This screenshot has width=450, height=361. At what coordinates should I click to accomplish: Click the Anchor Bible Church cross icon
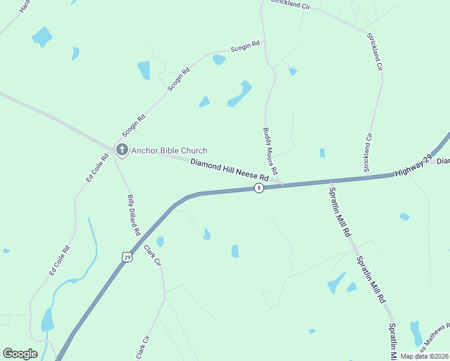[x=122, y=150]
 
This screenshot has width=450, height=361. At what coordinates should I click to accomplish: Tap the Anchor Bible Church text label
[x=169, y=150]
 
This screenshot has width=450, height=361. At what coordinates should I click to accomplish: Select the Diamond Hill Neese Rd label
[x=229, y=170]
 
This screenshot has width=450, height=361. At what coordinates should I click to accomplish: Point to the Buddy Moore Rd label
[x=270, y=151]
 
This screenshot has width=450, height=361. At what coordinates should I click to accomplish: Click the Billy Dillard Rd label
[x=134, y=215]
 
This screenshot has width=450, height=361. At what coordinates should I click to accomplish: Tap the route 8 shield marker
[x=259, y=188]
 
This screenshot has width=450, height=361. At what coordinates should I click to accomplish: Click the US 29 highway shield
[x=127, y=257]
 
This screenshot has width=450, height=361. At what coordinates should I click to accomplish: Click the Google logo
[x=20, y=354]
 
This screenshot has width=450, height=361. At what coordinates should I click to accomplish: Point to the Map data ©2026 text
[x=424, y=356]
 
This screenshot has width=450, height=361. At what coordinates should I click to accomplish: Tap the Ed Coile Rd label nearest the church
[x=97, y=168]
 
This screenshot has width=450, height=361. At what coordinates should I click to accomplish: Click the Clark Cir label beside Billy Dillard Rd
[x=153, y=255]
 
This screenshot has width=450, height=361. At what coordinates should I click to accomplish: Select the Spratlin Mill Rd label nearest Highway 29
[x=339, y=211]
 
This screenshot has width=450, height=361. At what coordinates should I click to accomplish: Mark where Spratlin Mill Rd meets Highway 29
[x=330, y=181]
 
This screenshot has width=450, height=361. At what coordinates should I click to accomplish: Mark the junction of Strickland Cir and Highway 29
[x=365, y=177]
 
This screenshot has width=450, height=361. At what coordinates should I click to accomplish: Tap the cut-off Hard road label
[x=24, y=6]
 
